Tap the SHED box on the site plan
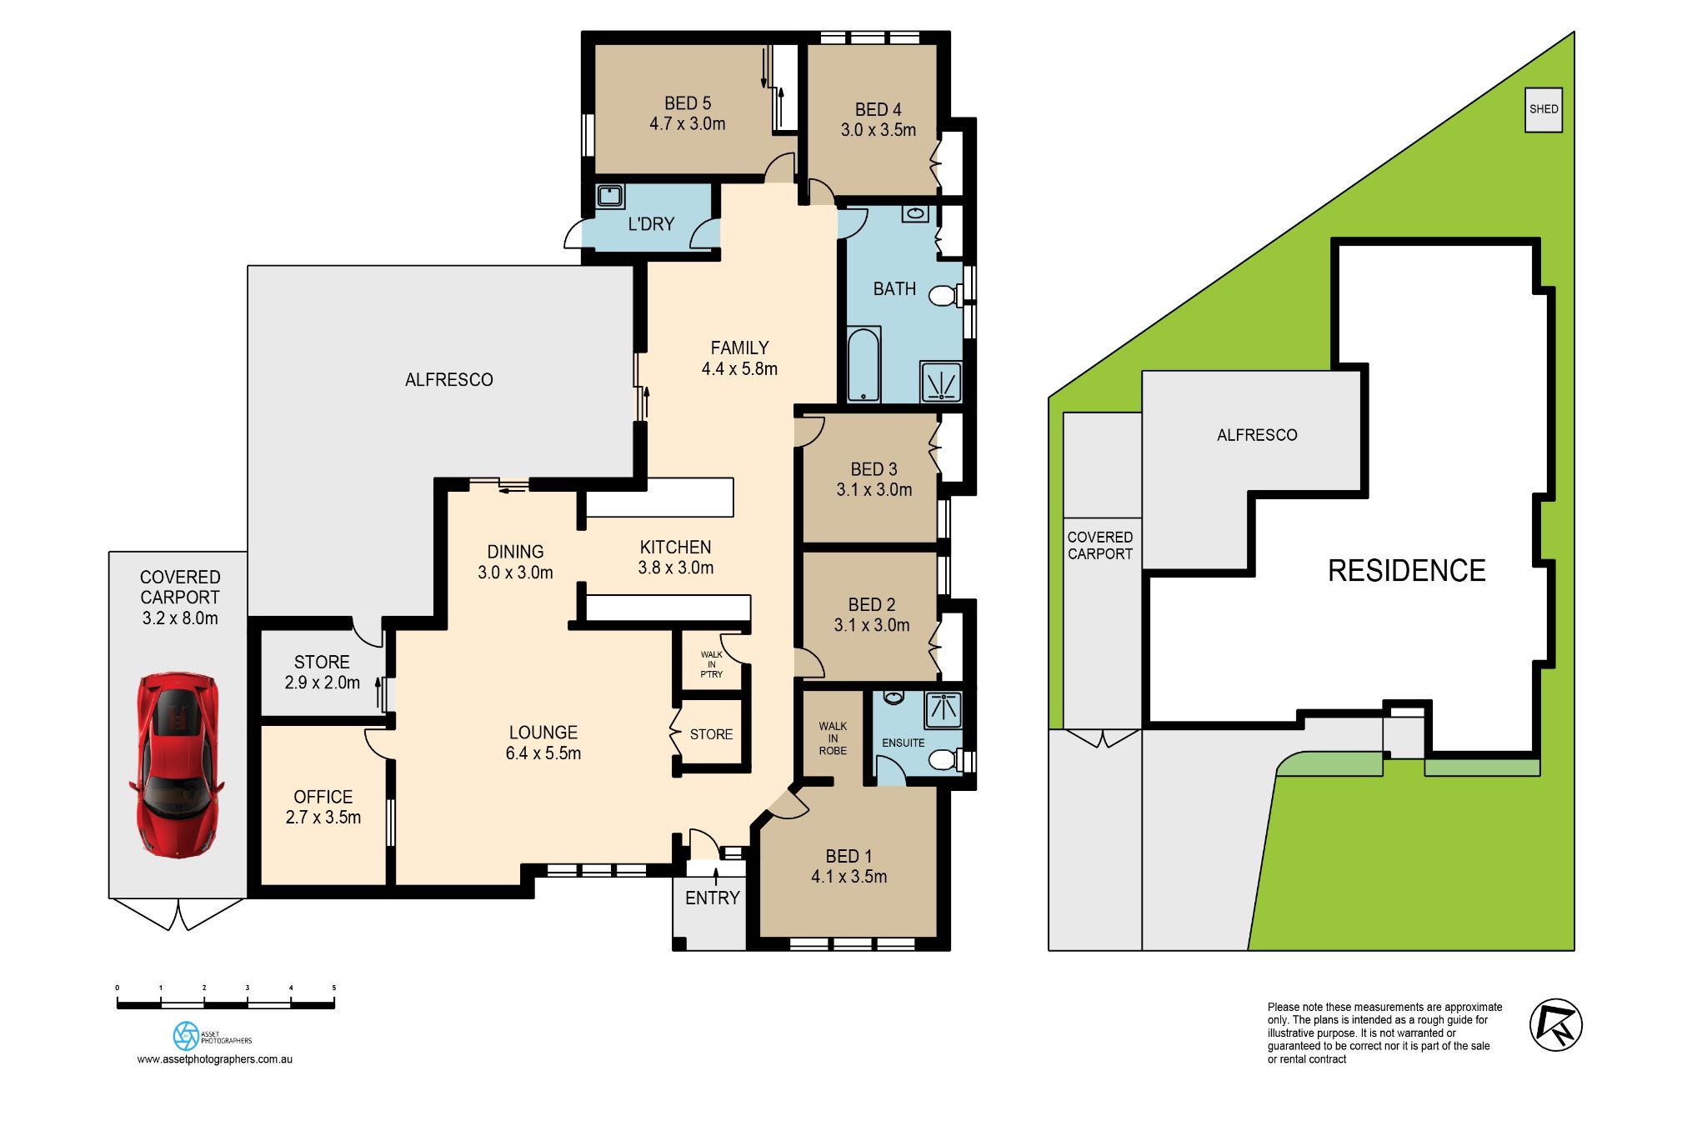pos(1543,109)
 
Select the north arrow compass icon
pos(1555,1024)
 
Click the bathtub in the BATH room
pos(864,365)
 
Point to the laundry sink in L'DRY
pos(610,197)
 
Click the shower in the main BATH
pos(941,383)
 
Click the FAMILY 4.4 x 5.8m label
pos(739,358)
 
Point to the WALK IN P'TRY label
pos(711,664)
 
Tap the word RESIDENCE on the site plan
pos(1406,571)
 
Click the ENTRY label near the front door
pos(712,898)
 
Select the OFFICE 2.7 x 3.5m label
pos(323,807)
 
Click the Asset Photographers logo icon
pos(186,1036)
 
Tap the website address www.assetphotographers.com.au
pos(214,1059)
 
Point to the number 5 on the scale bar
pos(334,988)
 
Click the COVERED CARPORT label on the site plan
pos(1099,545)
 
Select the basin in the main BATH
pos(914,213)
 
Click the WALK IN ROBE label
pos(832,738)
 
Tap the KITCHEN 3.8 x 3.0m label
pos(675,558)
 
